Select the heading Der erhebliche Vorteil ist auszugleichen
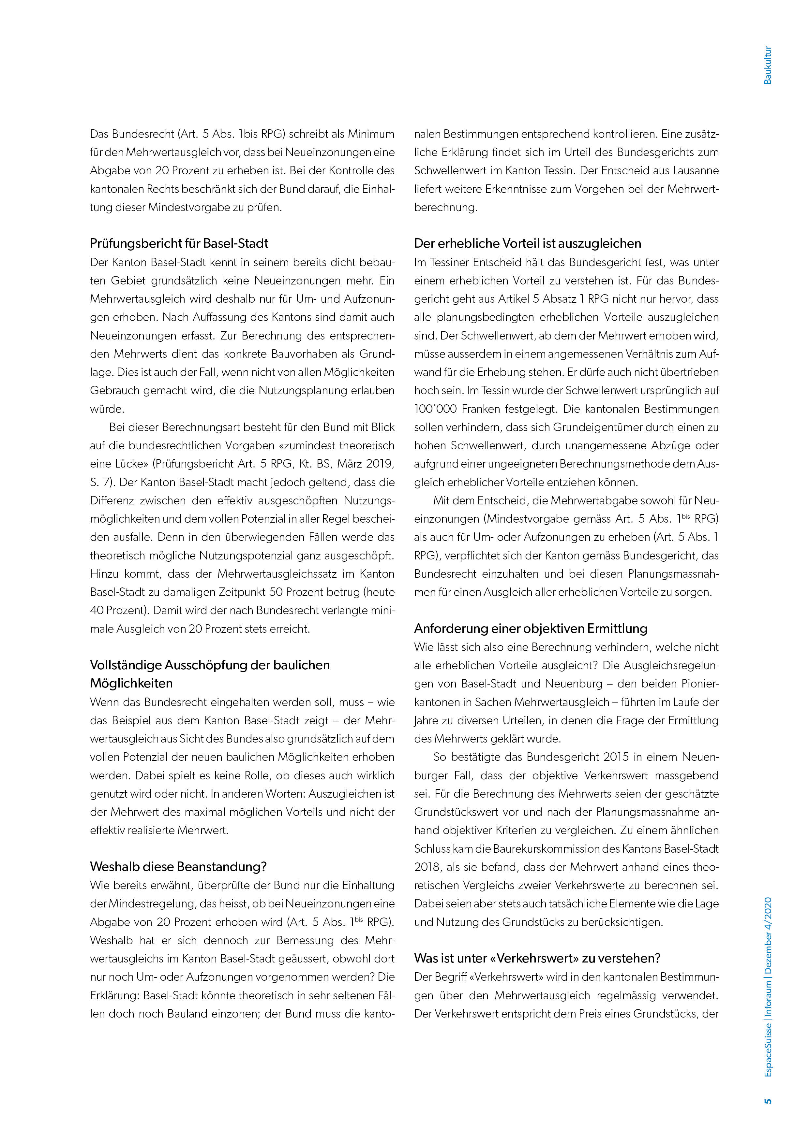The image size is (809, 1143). click(x=528, y=243)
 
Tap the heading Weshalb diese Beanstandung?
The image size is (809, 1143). click(x=178, y=867)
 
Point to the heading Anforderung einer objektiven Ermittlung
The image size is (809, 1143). click(x=531, y=629)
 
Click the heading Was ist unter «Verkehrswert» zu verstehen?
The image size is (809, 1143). click(x=537, y=958)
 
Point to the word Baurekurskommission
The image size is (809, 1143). click(x=550, y=849)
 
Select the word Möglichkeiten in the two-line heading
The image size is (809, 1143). click(x=131, y=684)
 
